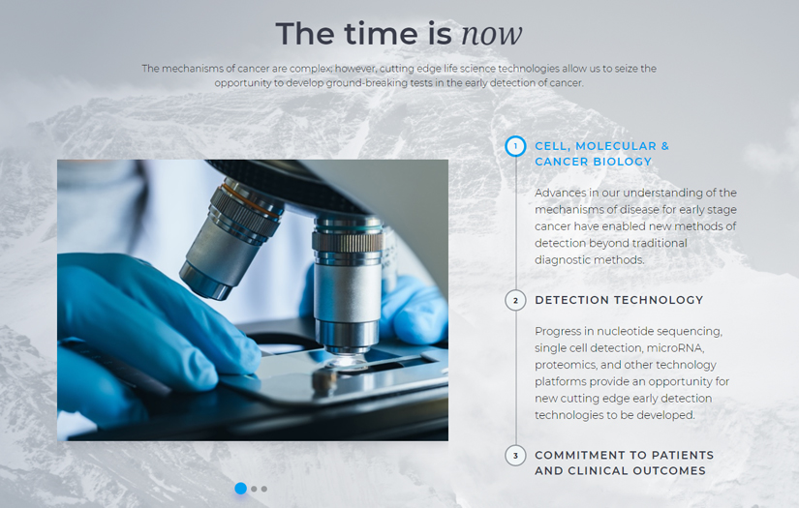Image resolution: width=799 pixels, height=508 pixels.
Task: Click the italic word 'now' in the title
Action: (492, 34)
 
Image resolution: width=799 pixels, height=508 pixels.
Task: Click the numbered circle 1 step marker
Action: (515, 147)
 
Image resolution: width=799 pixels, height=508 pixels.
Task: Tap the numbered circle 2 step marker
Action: (515, 300)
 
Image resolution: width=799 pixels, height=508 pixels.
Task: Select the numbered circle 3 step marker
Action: (515, 456)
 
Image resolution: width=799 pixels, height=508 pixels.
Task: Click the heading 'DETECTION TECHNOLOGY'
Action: (619, 300)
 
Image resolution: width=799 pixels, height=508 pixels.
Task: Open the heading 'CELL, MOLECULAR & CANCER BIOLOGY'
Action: (601, 154)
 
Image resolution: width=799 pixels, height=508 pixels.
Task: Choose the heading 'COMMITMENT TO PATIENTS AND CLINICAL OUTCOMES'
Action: (625, 463)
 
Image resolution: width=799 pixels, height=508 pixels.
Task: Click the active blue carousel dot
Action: (240, 489)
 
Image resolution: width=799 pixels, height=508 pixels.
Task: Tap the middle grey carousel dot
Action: (254, 490)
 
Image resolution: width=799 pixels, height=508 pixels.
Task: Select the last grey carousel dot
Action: (264, 490)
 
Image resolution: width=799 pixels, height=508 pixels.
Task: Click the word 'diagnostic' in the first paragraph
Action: (561, 260)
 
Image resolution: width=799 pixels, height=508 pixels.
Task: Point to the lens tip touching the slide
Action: (347, 361)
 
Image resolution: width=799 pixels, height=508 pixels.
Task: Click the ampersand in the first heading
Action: (664, 146)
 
